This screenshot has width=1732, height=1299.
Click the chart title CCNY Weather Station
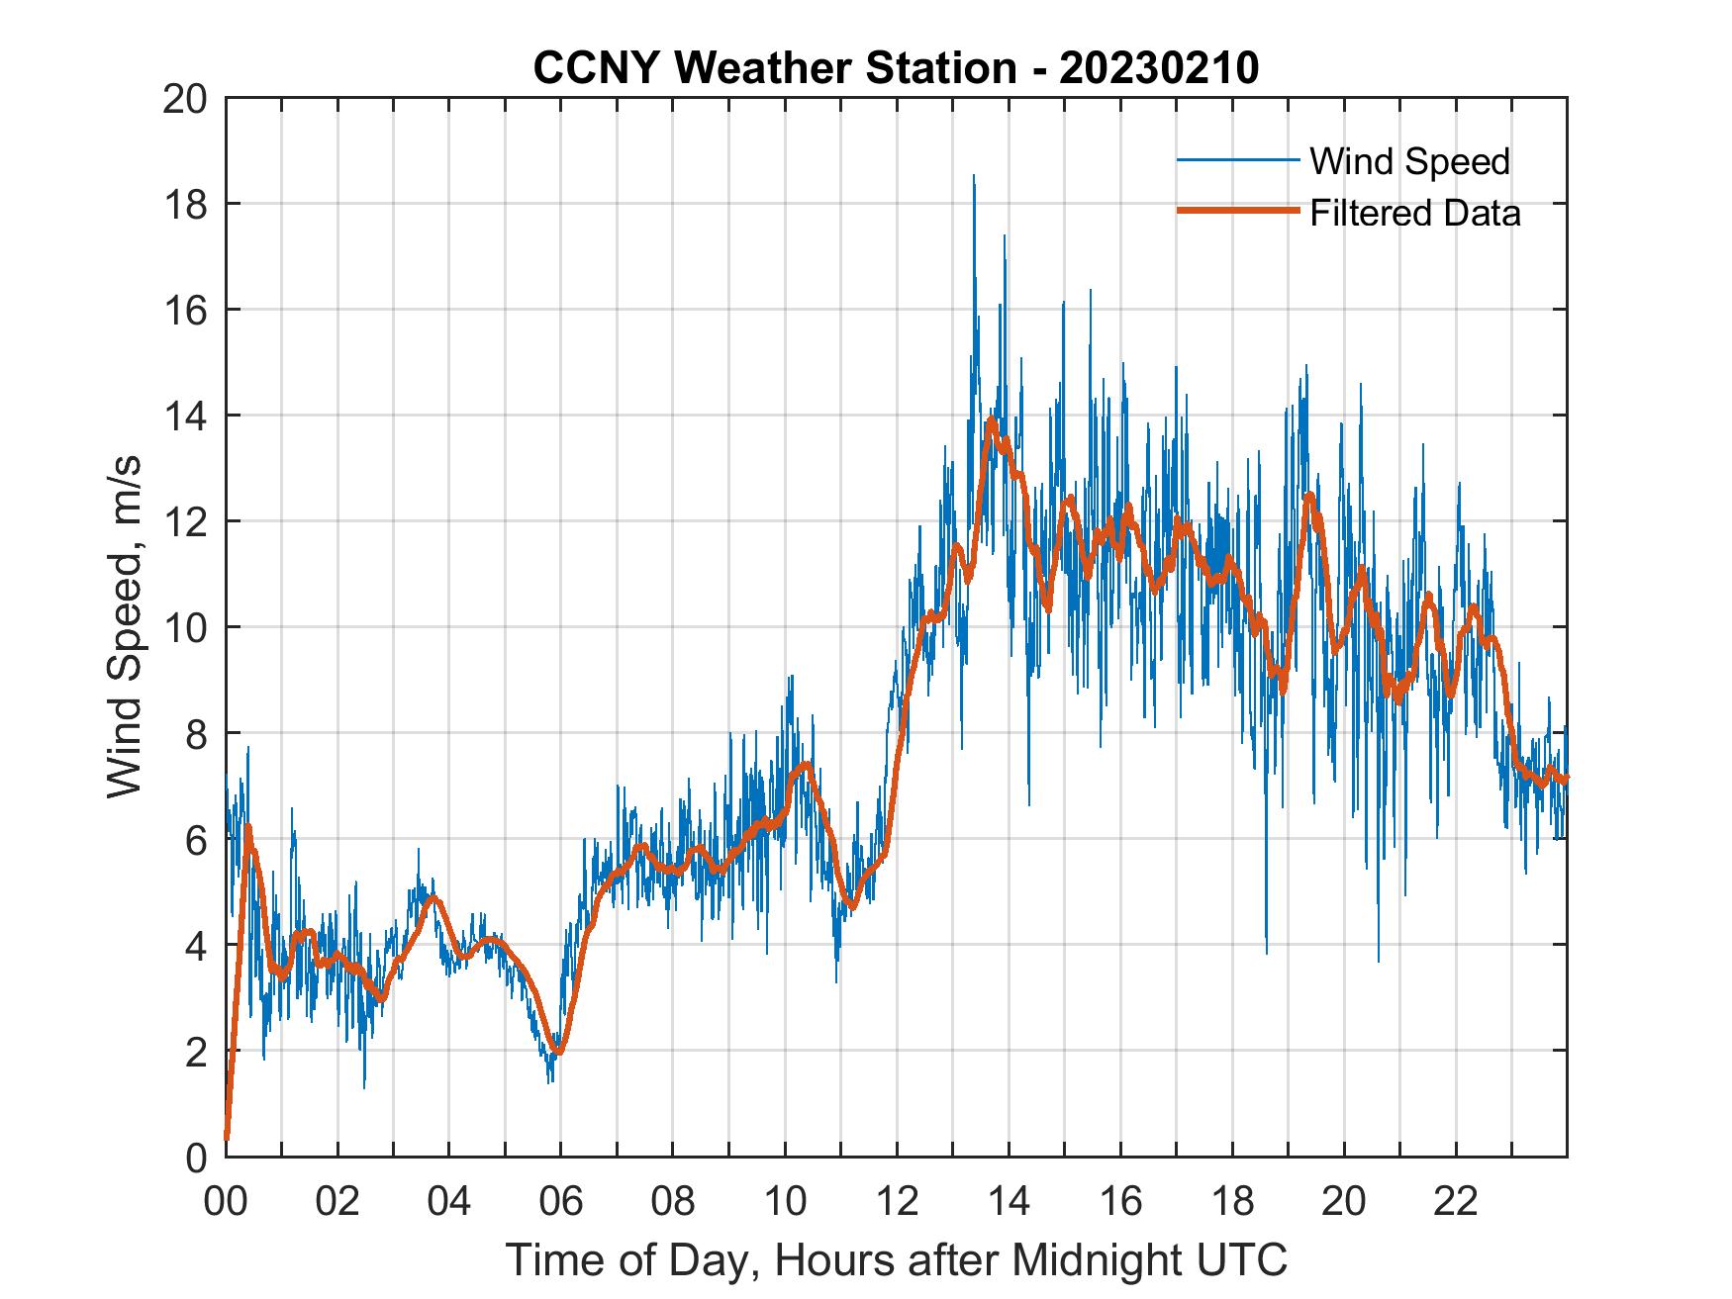point(895,68)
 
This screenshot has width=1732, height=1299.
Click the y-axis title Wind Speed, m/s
point(125,627)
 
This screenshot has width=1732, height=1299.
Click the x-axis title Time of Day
point(897,1260)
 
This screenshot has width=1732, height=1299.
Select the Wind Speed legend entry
point(1409,161)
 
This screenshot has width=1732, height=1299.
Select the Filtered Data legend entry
point(1414,213)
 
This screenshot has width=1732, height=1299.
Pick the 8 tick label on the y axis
point(196,733)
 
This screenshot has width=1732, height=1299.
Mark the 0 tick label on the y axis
point(196,1157)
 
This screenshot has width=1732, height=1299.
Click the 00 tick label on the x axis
point(226,1202)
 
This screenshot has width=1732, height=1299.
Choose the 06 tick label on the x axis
point(561,1202)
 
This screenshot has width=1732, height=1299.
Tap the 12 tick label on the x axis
point(897,1202)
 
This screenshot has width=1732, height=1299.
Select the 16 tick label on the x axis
point(1120,1202)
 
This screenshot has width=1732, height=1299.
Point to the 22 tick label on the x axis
point(1456,1202)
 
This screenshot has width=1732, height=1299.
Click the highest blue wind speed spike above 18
point(974,177)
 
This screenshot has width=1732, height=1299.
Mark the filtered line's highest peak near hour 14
point(991,419)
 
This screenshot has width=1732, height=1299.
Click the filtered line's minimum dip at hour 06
point(558,1052)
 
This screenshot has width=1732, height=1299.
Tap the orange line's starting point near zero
point(227,1138)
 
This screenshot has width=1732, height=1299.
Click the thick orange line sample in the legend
point(1237,211)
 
